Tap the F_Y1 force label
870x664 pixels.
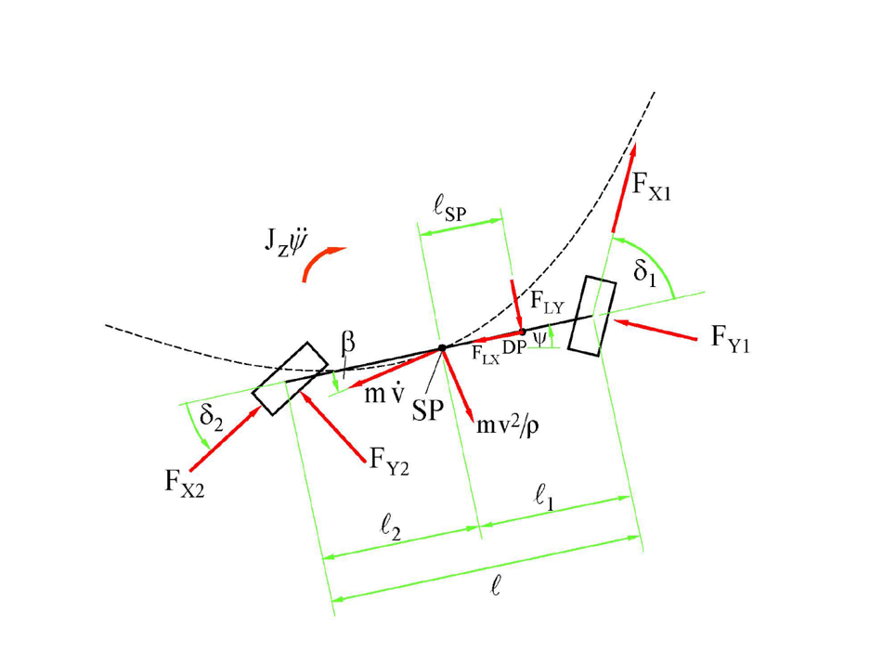[x=731, y=339]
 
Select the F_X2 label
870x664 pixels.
[x=184, y=483]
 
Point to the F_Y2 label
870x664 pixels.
[x=389, y=462]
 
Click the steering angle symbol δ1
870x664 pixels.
[x=645, y=272]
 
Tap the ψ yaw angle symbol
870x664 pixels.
[x=539, y=337]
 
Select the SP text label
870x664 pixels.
[x=428, y=410]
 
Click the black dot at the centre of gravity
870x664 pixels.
[x=442, y=348]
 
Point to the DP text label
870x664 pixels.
[x=513, y=347]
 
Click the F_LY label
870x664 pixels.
[x=547, y=303]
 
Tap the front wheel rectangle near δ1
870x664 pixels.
[x=592, y=316]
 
